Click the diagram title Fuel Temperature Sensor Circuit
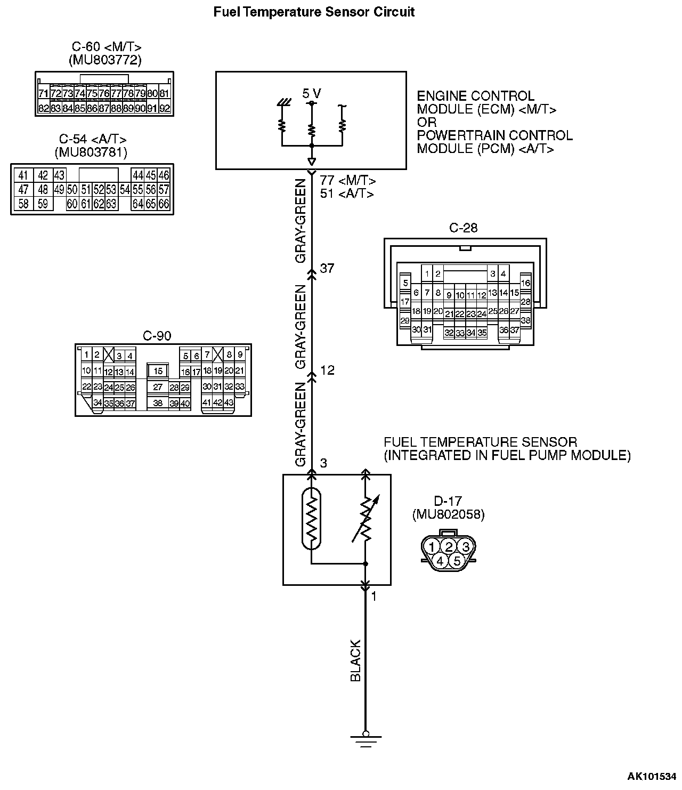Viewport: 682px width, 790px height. pos(314,12)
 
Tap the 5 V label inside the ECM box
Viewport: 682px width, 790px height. pos(312,94)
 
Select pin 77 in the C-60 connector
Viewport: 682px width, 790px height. pos(116,94)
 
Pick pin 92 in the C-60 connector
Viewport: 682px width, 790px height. pos(165,108)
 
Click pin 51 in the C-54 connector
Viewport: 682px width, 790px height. pos(86,189)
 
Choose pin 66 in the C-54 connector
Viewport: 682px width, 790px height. pos(164,203)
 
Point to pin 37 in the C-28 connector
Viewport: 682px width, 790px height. pos(515,330)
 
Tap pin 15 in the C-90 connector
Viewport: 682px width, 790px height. pos(158,371)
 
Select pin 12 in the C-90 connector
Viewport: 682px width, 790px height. pos(109,372)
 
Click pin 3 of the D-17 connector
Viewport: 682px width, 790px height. pos(466,546)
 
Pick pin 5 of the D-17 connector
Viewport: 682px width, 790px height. pos(457,561)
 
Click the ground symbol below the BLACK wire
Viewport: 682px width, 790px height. pos(366,738)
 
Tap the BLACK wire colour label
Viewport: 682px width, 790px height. pos(355,660)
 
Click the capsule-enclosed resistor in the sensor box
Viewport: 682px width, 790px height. pos(311,519)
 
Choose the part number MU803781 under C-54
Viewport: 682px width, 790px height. pos(91,152)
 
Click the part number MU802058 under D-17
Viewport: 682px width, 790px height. pos(448,514)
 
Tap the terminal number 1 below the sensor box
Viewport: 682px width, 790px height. pos(374,596)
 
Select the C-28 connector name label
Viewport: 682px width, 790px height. pos(464,228)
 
